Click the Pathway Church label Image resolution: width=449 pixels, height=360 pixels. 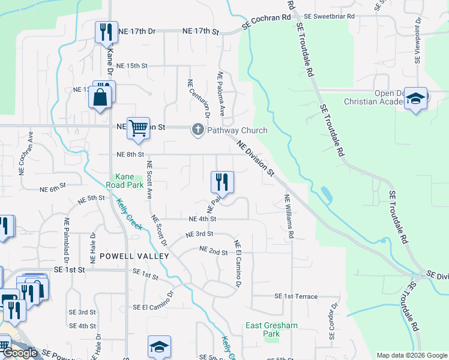237,130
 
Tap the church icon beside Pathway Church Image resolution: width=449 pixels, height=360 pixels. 197,130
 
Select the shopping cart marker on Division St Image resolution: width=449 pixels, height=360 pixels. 139,129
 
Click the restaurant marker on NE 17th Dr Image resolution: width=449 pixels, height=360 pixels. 106,32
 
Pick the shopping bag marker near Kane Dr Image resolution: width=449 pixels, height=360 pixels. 100,97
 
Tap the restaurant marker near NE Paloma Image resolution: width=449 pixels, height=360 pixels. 222,181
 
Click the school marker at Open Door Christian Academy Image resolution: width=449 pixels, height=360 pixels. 415,98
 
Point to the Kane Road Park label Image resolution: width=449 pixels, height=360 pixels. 130,181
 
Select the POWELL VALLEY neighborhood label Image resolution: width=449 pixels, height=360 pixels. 134,256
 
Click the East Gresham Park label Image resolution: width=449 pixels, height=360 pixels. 271,329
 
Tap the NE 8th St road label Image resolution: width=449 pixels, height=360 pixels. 131,154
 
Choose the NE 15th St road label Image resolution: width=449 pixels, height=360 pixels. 131,65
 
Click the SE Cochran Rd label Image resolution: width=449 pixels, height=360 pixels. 266,22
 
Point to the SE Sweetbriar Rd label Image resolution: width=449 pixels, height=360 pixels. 330,16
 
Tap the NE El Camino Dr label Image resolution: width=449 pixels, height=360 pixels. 238,263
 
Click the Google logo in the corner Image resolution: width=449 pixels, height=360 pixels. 20,353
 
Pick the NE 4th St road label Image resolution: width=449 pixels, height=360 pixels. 202,220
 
